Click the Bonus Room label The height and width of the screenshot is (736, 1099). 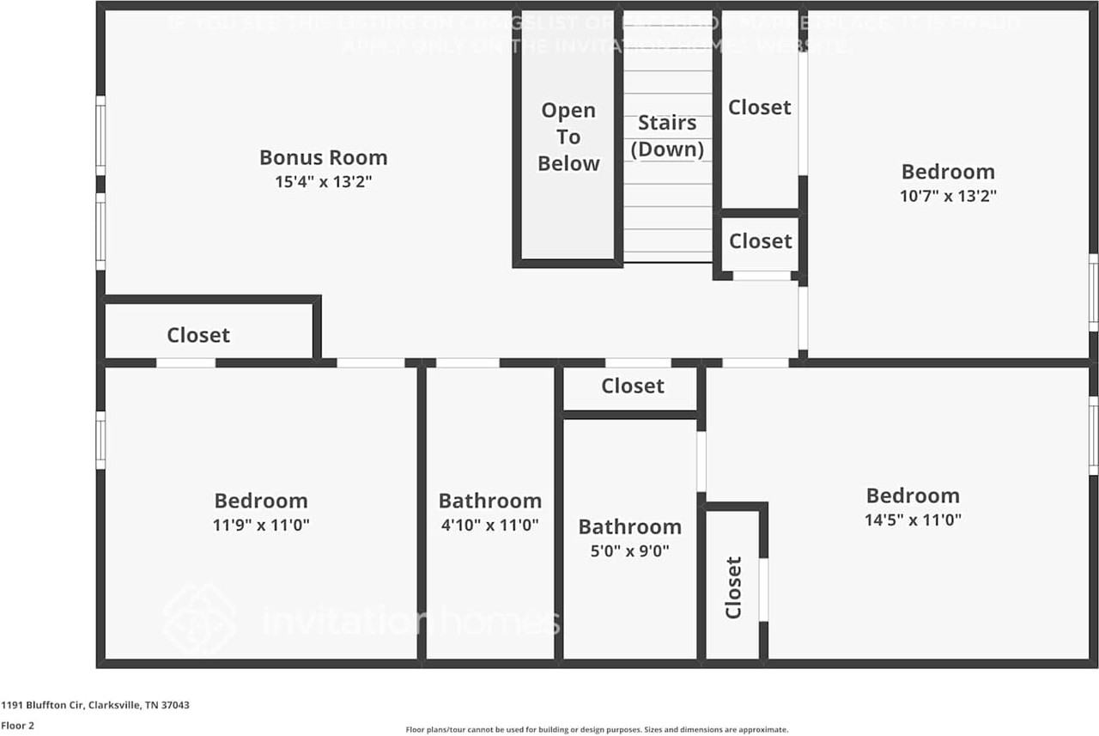tap(323, 158)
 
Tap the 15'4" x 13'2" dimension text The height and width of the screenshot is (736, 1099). tap(323, 182)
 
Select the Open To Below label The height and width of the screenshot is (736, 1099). tap(568, 137)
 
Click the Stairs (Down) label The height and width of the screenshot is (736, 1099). tap(667, 136)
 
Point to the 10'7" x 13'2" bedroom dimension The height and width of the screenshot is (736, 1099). tap(948, 195)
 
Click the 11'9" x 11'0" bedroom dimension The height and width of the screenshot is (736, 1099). tap(261, 525)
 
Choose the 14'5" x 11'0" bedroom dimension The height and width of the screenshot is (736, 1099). tap(913, 520)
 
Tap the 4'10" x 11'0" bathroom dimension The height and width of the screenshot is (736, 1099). tap(489, 525)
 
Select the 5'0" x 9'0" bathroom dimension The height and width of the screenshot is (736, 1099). tap(629, 550)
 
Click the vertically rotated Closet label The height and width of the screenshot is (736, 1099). tap(733, 587)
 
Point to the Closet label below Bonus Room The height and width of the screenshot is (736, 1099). tap(198, 335)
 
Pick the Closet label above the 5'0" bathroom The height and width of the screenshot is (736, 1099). tap(633, 386)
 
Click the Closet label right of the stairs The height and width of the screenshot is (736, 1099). tap(760, 107)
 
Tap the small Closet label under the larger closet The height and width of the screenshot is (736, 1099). tap(760, 241)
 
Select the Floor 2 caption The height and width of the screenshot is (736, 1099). tap(17, 726)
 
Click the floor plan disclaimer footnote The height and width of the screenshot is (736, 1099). tap(596, 729)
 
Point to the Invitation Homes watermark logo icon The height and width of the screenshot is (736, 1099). tap(199, 619)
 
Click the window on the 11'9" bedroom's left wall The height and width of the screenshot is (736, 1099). tap(100, 441)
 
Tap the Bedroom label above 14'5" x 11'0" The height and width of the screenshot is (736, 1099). tap(913, 496)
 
